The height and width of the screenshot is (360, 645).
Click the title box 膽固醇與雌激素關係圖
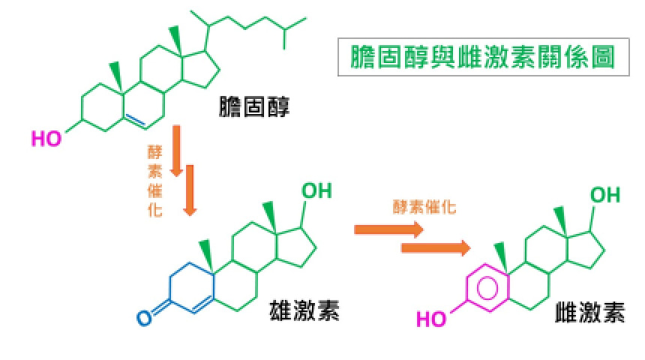[483, 56]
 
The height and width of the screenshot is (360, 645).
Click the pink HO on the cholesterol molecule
[47, 139]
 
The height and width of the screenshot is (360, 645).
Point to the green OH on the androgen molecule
[316, 190]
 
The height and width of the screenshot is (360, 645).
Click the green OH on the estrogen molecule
[605, 196]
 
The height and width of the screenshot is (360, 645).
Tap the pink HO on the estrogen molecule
[431, 319]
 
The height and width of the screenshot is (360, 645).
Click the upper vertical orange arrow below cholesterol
[177, 150]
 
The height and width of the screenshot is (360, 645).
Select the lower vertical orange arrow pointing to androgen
[190, 190]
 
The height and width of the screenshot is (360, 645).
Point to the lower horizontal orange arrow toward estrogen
[436, 247]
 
